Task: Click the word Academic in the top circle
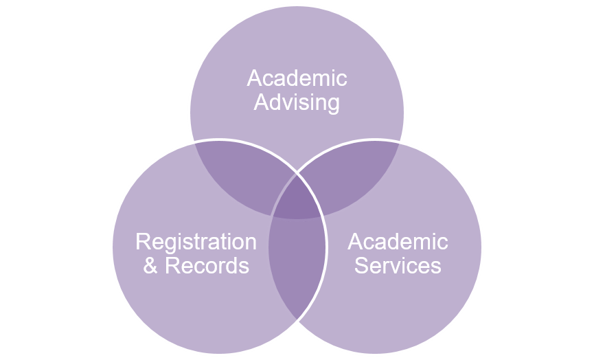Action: coord(297,78)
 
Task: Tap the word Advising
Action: coord(297,103)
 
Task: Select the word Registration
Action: coord(196,242)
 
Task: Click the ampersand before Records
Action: coord(150,265)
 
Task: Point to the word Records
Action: coord(207,265)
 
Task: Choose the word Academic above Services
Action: coord(398,242)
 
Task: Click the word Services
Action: coord(398,265)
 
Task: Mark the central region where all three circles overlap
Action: coord(297,199)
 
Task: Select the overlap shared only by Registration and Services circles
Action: coord(297,275)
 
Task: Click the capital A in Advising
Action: coord(260,103)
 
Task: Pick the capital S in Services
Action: coord(361,265)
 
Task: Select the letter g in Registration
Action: coord(164,245)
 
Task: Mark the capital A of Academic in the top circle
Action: coord(254,78)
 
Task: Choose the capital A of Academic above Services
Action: coord(355,242)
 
